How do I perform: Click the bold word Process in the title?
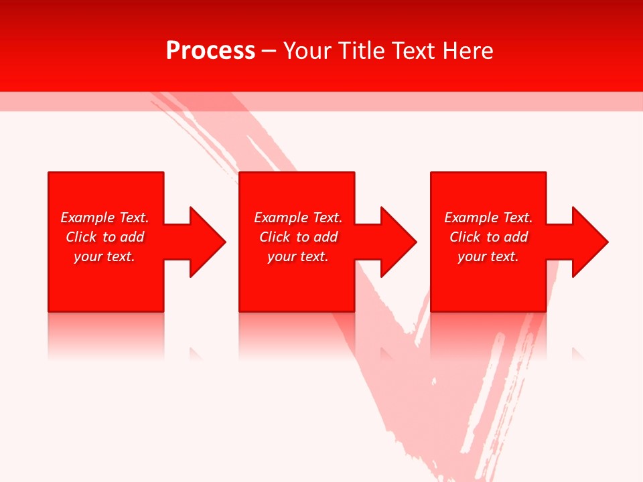210,51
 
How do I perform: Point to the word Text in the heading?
413,51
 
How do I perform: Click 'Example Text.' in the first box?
104,218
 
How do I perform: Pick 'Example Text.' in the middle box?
298,218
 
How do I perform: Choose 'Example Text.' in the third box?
488,218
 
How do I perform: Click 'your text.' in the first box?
104,256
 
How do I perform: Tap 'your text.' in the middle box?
298,256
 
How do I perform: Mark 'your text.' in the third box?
488,256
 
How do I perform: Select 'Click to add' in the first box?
104,237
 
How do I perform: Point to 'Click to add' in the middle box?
298,237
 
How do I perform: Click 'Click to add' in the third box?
488,237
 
